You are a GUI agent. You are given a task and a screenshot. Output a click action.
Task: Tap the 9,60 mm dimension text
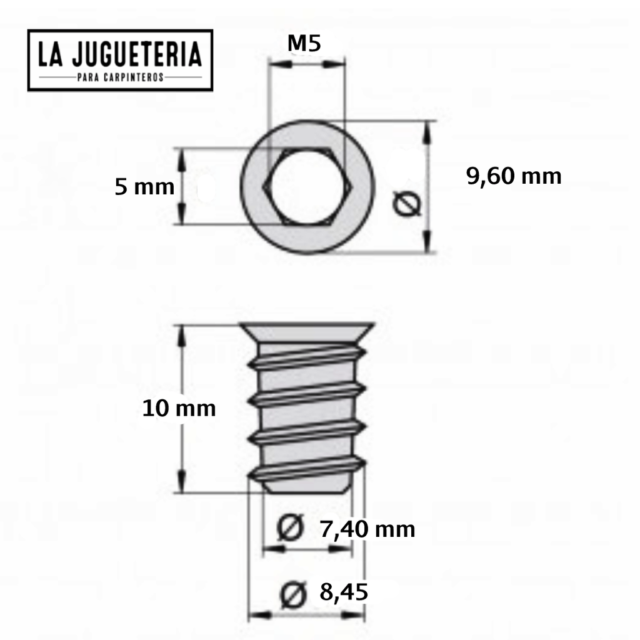[514, 176]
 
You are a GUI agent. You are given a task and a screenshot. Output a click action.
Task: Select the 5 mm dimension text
[144, 186]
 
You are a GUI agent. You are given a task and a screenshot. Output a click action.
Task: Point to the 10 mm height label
[179, 409]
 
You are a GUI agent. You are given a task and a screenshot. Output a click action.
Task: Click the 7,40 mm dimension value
[367, 529]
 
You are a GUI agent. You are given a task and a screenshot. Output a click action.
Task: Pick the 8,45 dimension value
[343, 591]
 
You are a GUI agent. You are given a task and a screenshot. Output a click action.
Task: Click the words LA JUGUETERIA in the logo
[120, 55]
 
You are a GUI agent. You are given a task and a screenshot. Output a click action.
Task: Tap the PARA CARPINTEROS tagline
[120, 77]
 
